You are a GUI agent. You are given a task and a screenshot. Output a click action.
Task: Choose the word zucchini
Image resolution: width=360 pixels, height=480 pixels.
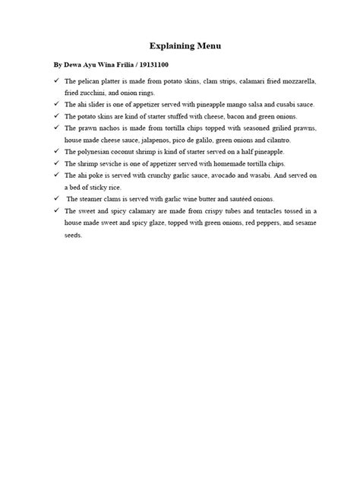99,92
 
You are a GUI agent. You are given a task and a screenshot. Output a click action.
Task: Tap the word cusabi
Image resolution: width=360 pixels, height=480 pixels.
276,103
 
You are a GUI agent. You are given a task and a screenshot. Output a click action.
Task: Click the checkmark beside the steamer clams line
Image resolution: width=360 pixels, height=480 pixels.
56,198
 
